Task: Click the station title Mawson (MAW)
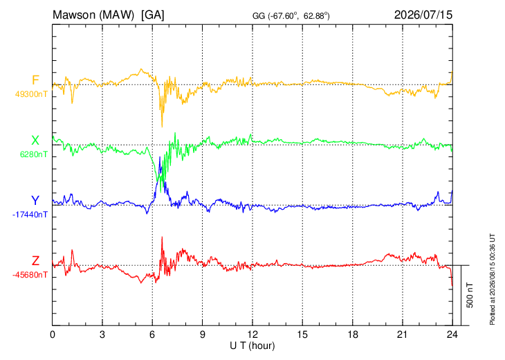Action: [93, 15]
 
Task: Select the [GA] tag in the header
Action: [152, 15]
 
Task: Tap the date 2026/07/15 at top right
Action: [423, 15]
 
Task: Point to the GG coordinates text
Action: [291, 16]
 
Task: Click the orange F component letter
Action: [35, 80]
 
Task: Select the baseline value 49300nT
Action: [31, 94]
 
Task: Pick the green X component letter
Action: [35, 141]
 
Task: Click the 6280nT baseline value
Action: [34, 154]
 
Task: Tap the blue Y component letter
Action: [35, 201]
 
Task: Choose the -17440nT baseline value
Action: [30, 215]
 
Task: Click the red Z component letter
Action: [35, 261]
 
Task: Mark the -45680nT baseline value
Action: [30, 275]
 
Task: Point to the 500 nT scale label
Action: [470, 295]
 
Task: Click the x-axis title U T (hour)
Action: [252, 346]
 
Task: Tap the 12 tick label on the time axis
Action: [252, 335]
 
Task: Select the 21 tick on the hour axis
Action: [402, 335]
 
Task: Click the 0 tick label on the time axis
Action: [53, 335]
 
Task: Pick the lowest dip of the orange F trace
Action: [162, 127]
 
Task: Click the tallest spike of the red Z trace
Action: [162, 237]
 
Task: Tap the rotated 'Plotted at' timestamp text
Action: [492, 279]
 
